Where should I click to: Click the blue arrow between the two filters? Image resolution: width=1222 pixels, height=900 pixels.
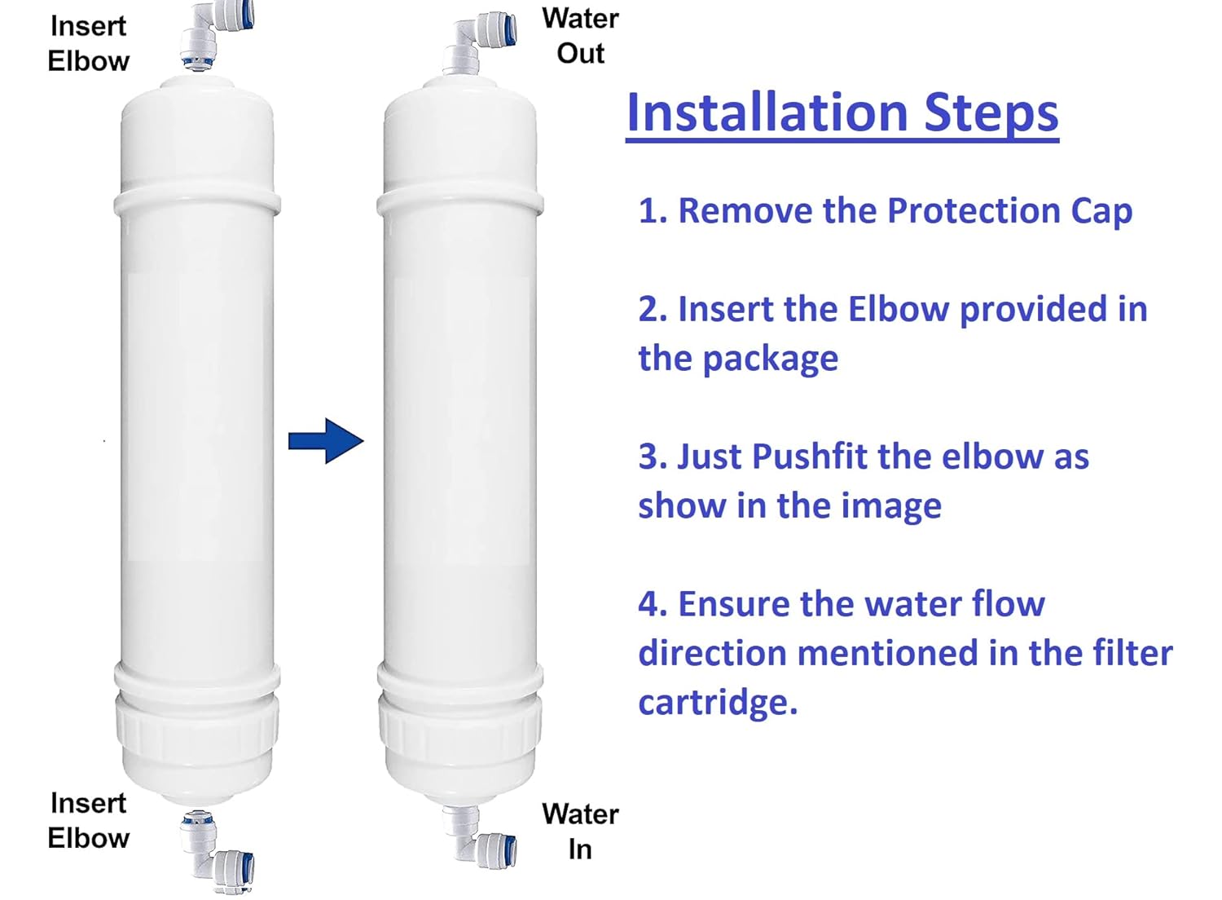326,441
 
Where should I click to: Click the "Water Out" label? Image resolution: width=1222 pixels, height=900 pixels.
580,36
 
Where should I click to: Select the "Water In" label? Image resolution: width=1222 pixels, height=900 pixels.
580,832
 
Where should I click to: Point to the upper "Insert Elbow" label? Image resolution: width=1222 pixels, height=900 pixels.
88,43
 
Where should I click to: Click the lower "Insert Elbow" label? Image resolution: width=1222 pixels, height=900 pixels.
88,820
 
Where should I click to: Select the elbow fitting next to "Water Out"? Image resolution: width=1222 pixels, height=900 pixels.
481,41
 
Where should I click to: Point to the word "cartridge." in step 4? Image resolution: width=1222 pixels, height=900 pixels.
717,703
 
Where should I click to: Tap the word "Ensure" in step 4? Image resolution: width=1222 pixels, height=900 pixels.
734,605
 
